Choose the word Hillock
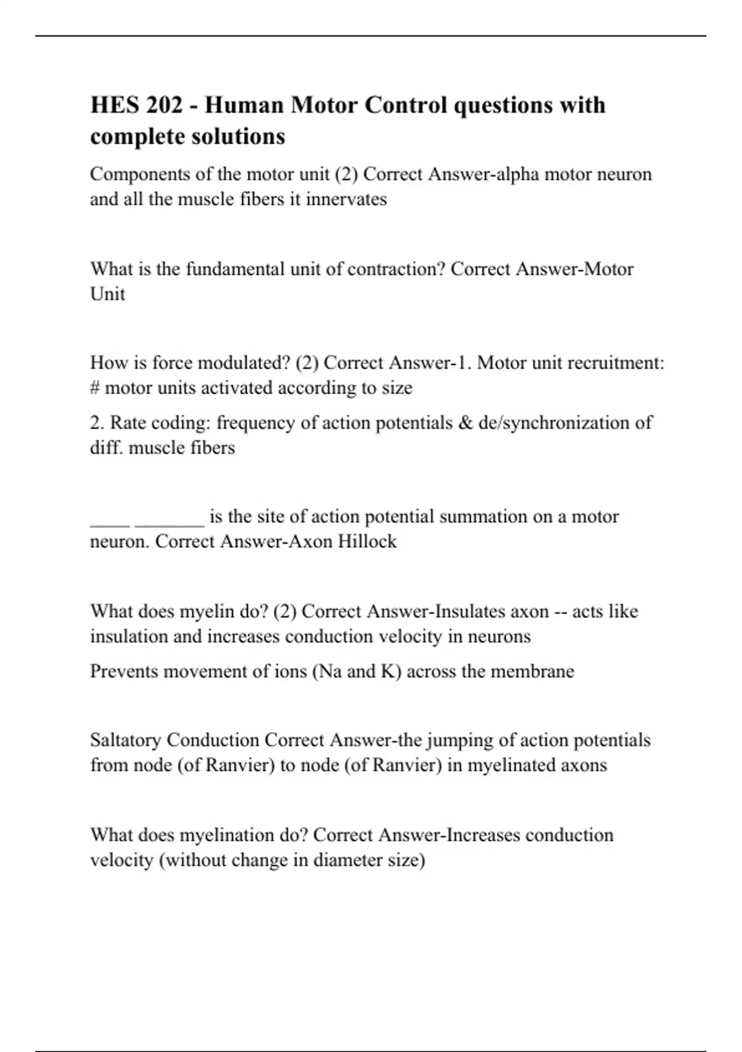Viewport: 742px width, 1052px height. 366,541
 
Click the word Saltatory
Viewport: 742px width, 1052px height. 126,740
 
